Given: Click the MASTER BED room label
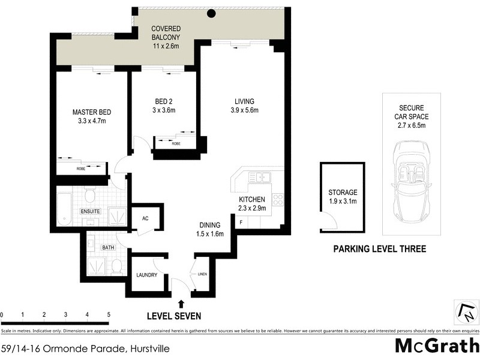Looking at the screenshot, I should [92, 112].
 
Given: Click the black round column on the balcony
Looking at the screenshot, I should [211, 14].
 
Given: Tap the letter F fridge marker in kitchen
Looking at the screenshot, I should [241, 223].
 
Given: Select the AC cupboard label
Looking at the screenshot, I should [145, 218].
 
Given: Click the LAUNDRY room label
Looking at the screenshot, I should [146, 275].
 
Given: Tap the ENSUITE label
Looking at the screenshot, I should [91, 212].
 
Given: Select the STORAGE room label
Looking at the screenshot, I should [342, 193].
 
